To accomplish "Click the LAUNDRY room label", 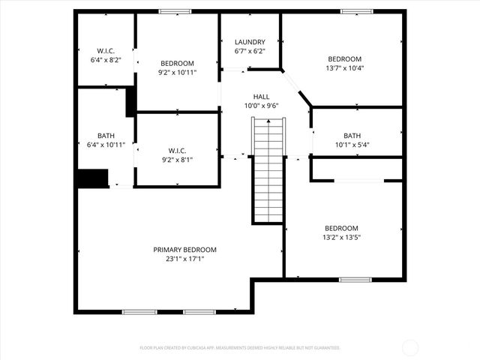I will [x=250, y=41].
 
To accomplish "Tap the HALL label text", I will [x=261, y=97].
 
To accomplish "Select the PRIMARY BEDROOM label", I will [x=184, y=250].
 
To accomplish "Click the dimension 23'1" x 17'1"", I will [x=184, y=259].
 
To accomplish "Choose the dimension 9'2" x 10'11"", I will [x=177, y=73].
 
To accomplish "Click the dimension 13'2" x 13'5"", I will [x=341, y=238].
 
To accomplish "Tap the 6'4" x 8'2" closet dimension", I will [x=105, y=59].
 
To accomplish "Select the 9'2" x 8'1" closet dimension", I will [x=177, y=159].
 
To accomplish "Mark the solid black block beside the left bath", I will [x=91, y=178].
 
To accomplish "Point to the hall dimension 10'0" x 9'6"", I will [x=261, y=106].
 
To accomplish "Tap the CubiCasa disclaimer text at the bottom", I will [x=240, y=348].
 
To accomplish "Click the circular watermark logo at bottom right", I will [x=410, y=347].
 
